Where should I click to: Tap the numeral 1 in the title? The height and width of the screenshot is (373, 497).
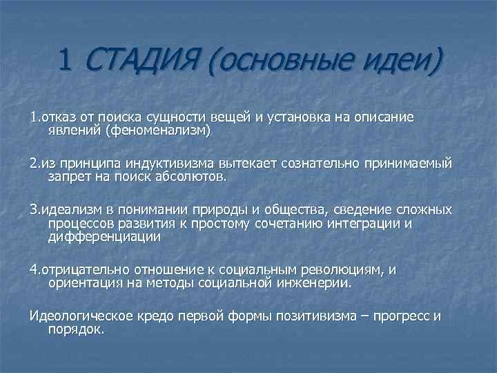coord(65,64)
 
